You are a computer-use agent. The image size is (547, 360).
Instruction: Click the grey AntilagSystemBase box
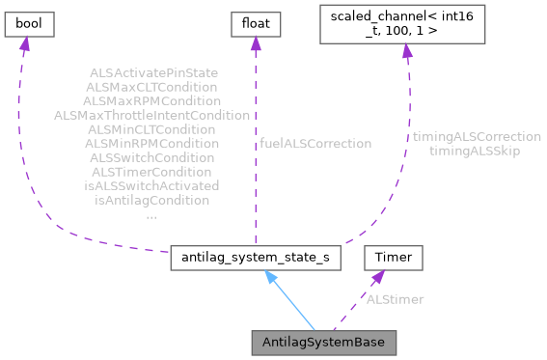coord(323,343)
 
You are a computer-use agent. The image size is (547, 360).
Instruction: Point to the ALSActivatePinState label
coord(152,72)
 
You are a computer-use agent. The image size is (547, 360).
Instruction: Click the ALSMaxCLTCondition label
coord(152,86)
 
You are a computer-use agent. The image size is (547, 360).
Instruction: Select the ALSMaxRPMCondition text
coord(152,100)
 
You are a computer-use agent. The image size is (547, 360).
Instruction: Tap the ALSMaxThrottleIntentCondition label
coord(152,115)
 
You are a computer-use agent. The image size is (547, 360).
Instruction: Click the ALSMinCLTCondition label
coord(152,128)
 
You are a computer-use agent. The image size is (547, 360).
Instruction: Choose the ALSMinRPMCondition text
coord(152,143)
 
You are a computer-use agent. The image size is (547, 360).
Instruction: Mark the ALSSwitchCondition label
coord(152,157)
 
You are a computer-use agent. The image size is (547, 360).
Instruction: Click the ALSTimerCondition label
coord(152,171)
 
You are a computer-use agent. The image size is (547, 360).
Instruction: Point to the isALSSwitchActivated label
coord(152,185)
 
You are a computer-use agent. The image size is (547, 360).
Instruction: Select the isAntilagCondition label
coord(152,200)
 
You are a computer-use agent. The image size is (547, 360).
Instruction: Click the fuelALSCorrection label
coord(315,143)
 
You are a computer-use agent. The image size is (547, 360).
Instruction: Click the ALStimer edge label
coord(395,299)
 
